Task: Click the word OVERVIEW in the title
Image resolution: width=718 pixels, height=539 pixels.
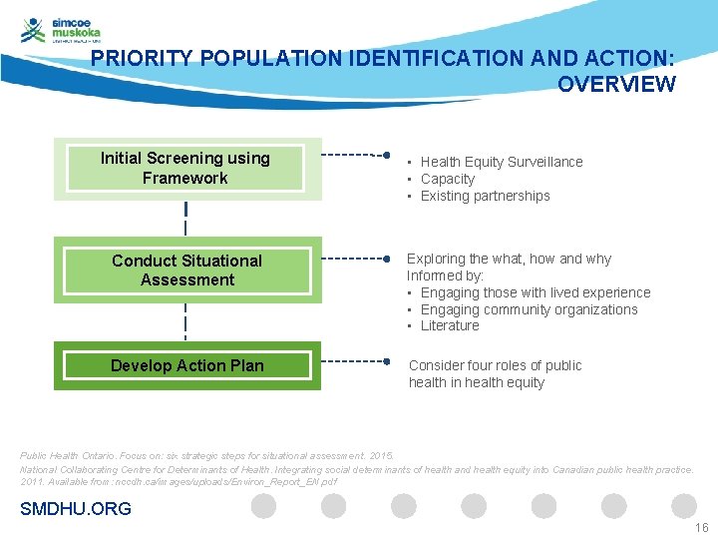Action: tap(616, 85)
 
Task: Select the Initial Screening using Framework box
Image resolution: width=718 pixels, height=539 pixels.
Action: tap(185, 169)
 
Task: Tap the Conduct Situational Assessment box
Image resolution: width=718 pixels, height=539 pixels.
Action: tap(186, 270)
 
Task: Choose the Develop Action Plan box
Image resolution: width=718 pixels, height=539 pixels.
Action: tap(186, 365)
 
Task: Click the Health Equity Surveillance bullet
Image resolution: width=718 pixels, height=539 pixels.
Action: tap(501, 162)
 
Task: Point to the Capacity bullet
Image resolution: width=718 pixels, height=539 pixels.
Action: tap(447, 179)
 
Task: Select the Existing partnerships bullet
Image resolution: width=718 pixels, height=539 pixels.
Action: tap(485, 196)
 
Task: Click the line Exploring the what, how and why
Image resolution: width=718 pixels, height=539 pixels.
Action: tap(509, 259)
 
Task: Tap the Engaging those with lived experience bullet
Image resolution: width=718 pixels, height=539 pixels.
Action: tap(535, 292)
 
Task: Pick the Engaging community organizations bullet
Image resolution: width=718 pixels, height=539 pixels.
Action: tap(529, 309)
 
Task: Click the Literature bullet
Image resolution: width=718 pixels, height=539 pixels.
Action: tap(449, 325)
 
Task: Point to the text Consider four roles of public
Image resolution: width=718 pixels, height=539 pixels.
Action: tap(495, 365)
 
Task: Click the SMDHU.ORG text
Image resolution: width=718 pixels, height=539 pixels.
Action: tap(76, 509)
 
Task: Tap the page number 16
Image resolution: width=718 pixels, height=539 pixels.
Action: tap(701, 528)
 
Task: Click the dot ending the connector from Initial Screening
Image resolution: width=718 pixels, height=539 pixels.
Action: tap(386, 156)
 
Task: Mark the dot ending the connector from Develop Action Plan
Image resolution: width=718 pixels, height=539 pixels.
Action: tap(386, 361)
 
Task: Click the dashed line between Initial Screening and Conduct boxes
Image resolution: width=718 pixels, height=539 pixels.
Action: tap(185, 221)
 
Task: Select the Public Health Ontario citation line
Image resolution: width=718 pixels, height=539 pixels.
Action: tap(206, 455)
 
